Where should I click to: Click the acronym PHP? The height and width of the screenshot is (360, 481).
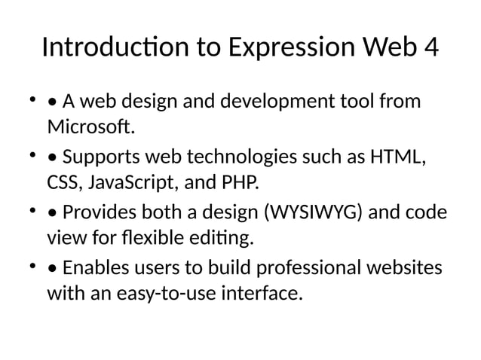(x=238, y=182)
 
